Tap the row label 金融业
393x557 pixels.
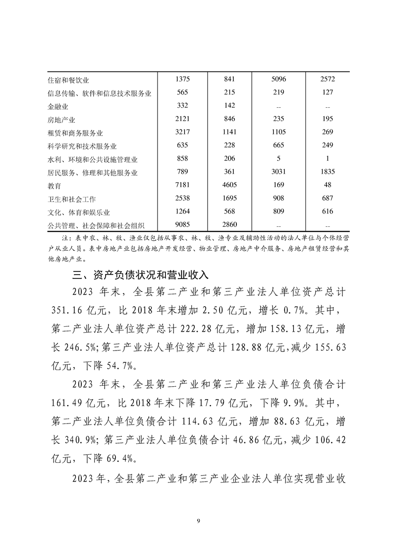(x=58, y=106)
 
